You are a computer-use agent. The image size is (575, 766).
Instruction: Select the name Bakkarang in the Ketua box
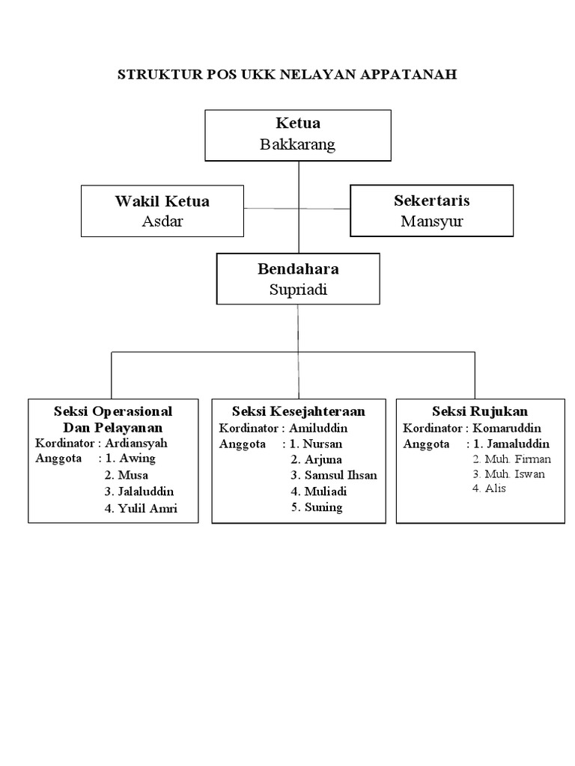(x=297, y=145)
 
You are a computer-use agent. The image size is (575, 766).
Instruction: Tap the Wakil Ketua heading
(x=162, y=201)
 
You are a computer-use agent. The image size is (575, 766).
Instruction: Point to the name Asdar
(x=162, y=221)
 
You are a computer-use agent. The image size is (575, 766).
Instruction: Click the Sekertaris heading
(x=431, y=200)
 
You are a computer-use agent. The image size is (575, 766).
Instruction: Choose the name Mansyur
(x=431, y=221)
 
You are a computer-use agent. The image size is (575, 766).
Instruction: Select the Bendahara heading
(x=297, y=269)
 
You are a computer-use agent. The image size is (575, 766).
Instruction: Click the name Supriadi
(x=297, y=289)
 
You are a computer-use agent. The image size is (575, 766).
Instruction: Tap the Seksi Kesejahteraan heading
(x=298, y=411)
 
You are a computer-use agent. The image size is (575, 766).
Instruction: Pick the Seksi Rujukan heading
(x=480, y=411)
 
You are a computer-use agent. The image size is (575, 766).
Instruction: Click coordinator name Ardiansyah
(x=136, y=443)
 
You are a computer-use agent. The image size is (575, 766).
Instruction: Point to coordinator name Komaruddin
(x=507, y=428)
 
